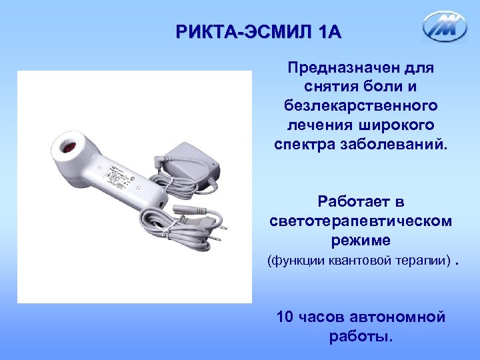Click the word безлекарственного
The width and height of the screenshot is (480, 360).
[360, 106]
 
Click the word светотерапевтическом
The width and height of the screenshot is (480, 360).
[360, 220]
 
